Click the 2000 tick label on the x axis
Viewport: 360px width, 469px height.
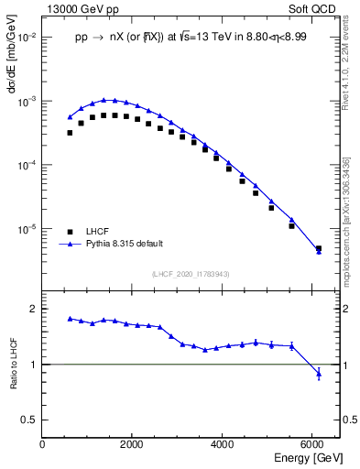pyautogui.click(x=132, y=443)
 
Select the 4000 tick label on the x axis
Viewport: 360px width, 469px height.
pyautogui.click(x=223, y=443)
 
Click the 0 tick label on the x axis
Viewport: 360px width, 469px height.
pyautogui.click(x=42, y=443)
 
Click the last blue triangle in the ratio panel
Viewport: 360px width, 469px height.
pyautogui.click(x=319, y=373)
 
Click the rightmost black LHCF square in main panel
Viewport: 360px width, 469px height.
pyautogui.click(x=319, y=248)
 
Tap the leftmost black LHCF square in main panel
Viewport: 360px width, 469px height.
pyautogui.click(x=70, y=133)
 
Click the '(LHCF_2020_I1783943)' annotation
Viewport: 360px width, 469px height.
pyautogui.click(x=189, y=274)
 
